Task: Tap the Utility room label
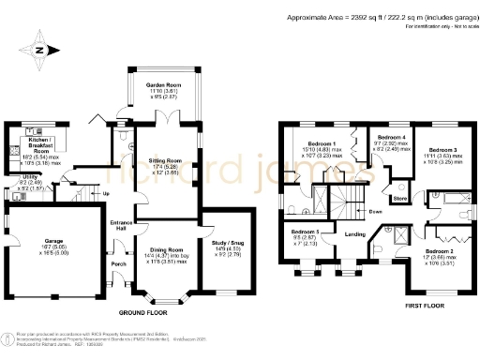coord(31,176)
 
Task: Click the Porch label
coord(119,263)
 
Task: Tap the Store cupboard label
coord(400,198)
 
